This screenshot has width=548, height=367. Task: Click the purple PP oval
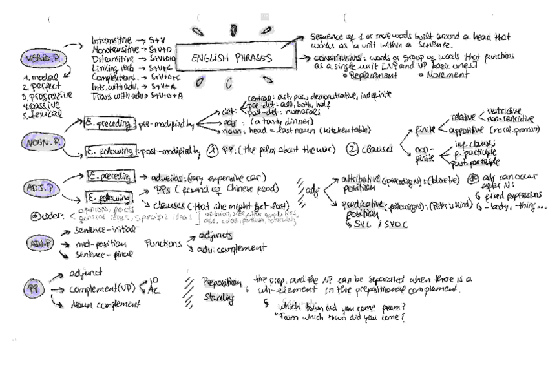coord(31,289)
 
